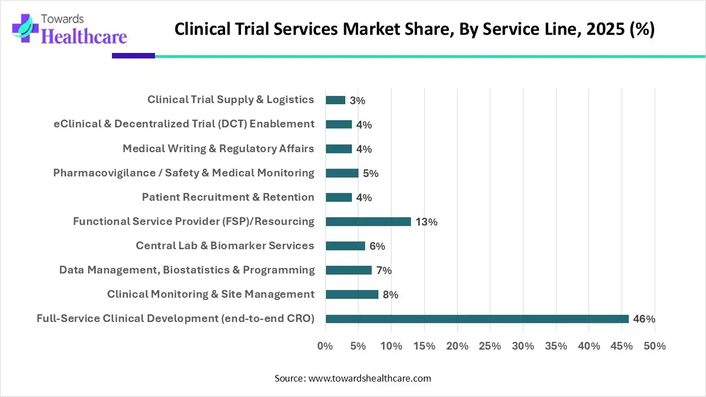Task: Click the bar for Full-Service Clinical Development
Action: click(477, 319)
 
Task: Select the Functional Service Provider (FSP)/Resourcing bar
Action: click(368, 222)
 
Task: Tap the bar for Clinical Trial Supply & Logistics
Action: click(335, 100)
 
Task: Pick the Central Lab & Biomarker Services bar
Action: click(345, 246)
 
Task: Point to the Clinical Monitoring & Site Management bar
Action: click(352, 294)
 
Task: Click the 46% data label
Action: click(644, 319)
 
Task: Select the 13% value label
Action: click(426, 222)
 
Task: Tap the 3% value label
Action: click(357, 101)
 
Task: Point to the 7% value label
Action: click(384, 271)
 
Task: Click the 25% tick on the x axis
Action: click(490, 346)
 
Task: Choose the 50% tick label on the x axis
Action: click(654, 346)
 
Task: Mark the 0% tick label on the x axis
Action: click(325, 346)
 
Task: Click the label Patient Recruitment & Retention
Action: click(228, 197)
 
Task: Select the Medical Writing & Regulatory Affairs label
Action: click(218, 149)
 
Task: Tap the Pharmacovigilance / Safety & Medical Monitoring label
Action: click(184, 173)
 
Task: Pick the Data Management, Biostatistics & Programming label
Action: click(187, 270)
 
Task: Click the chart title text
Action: click(414, 29)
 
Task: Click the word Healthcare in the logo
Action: click(84, 36)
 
